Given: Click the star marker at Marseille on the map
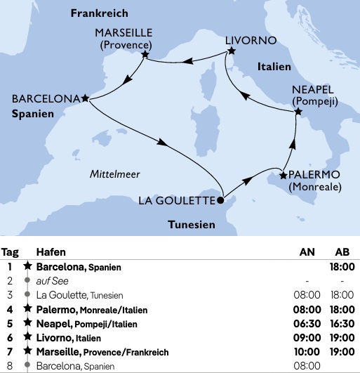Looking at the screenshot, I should [x=145, y=54].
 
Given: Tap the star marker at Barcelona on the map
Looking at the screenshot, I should [x=85, y=98].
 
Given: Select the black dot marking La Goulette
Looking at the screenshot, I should [x=220, y=199].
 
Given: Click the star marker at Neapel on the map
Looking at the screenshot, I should [x=298, y=112].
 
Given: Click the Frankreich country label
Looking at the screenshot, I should [x=99, y=13].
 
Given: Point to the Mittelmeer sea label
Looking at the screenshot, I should [x=115, y=174].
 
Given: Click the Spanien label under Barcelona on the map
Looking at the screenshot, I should [x=33, y=113].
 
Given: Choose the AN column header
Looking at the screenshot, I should [x=307, y=252].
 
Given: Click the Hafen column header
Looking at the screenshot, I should [x=51, y=252].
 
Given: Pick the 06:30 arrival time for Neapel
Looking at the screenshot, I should [x=306, y=324].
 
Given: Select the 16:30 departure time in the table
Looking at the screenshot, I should [x=341, y=324].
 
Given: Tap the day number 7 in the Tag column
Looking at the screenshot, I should [x=10, y=351].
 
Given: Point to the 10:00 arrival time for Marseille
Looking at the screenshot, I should [x=306, y=351].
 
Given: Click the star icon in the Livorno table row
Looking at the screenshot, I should [x=27, y=338].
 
